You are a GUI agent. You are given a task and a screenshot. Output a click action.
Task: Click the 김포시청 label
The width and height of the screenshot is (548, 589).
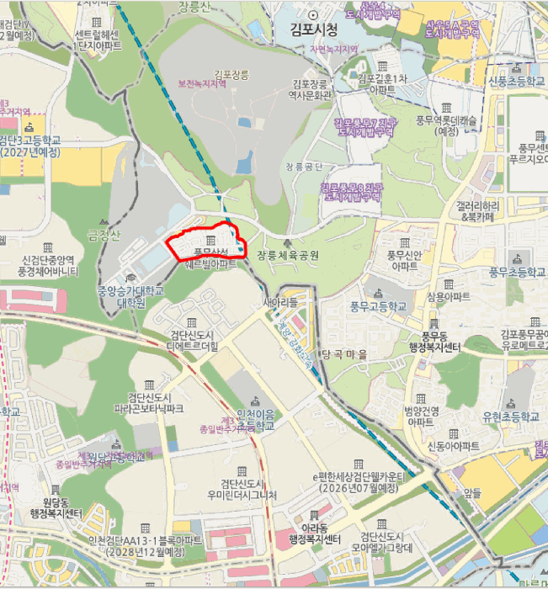[314, 31]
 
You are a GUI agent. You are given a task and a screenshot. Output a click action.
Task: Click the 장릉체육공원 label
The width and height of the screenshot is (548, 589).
[289, 254]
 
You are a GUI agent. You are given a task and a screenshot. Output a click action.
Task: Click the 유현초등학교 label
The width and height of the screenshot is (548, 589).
[511, 417]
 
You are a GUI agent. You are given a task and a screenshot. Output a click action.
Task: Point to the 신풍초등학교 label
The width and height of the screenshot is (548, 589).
[513, 82]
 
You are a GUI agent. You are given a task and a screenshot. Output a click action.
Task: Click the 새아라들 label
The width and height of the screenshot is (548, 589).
[281, 301]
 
